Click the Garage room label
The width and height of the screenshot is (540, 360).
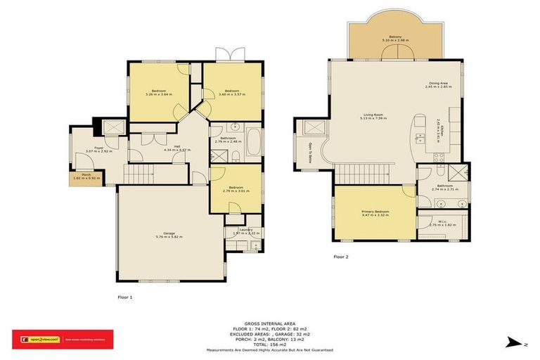tap(169, 235)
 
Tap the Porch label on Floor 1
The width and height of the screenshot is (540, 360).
tap(86, 176)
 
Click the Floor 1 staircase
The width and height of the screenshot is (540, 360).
tap(141, 172)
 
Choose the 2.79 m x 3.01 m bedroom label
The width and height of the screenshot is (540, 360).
tap(231, 189)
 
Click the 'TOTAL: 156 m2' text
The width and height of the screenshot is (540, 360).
tap(269, 345)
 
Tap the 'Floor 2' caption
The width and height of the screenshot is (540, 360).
tap(341, 257)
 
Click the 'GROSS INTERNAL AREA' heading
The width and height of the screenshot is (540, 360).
tap(269, 324)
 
